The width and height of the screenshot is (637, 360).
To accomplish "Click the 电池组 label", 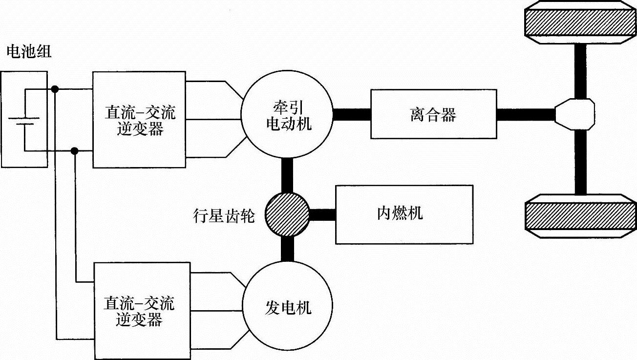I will click(x=28, y=52).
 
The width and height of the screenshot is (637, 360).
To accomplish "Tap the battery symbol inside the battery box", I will click(x=24, y=120).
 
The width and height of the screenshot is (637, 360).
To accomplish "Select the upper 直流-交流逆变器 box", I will click(x=140, y=120).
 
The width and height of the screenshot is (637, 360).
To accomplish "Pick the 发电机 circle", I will click(x=287, y=306).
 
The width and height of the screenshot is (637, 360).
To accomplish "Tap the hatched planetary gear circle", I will click(x=287, y=214).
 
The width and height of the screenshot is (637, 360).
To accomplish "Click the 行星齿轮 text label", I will click(x=224, y=215).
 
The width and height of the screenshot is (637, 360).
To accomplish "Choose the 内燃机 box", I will click(x=403, y=214).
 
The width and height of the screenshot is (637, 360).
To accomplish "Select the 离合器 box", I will click(x=433, y=114).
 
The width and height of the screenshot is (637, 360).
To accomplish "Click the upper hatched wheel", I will click(x=580, y=23).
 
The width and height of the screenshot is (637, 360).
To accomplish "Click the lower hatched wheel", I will click(x=580, y=216).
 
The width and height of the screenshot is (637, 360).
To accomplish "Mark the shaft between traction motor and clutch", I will click(x=351, y=115).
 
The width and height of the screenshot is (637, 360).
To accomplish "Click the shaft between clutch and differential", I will click(x=526, y=115).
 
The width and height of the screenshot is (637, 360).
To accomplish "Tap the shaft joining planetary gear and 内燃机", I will click(x=322, y=214).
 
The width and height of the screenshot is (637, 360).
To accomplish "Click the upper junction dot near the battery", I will click(x=55, y=89).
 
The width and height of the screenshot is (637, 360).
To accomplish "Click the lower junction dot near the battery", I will click(x=75, y=151).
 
